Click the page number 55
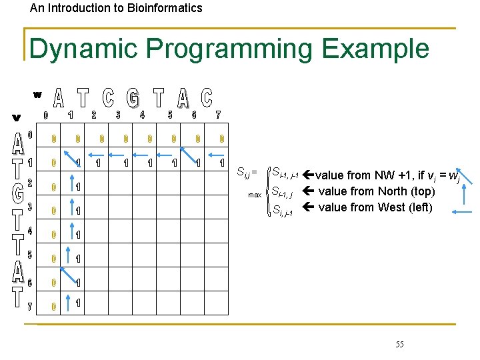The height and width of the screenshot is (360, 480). pyautogui.click(x=399, y=344)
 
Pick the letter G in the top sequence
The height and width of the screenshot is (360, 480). pyautogui.click(x=133, y=99)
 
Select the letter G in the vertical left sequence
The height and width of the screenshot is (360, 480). pyautogui.click(x=18, y=193)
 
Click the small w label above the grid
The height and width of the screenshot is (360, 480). pyautogui.click(x=37, y=94)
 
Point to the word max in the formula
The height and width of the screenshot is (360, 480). pyautogui.click(x=255, y=195)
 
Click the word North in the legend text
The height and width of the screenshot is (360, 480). pyautogui.click(x=380, y=191)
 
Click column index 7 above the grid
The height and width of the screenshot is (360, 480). pyautogui.click(x=218, y=115)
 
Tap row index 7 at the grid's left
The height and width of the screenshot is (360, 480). pyautogui.click(x=29, y=307)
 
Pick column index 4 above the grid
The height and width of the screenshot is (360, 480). pyautogui.click(x=142, y=115)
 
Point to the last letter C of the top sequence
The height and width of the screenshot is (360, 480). pyautogui.click(x=207, y=99)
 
